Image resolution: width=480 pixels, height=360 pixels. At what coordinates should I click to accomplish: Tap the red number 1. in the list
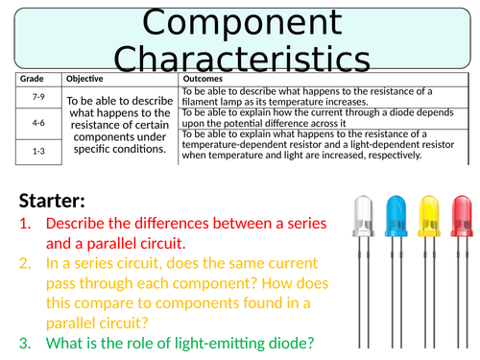pos(25,224)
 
